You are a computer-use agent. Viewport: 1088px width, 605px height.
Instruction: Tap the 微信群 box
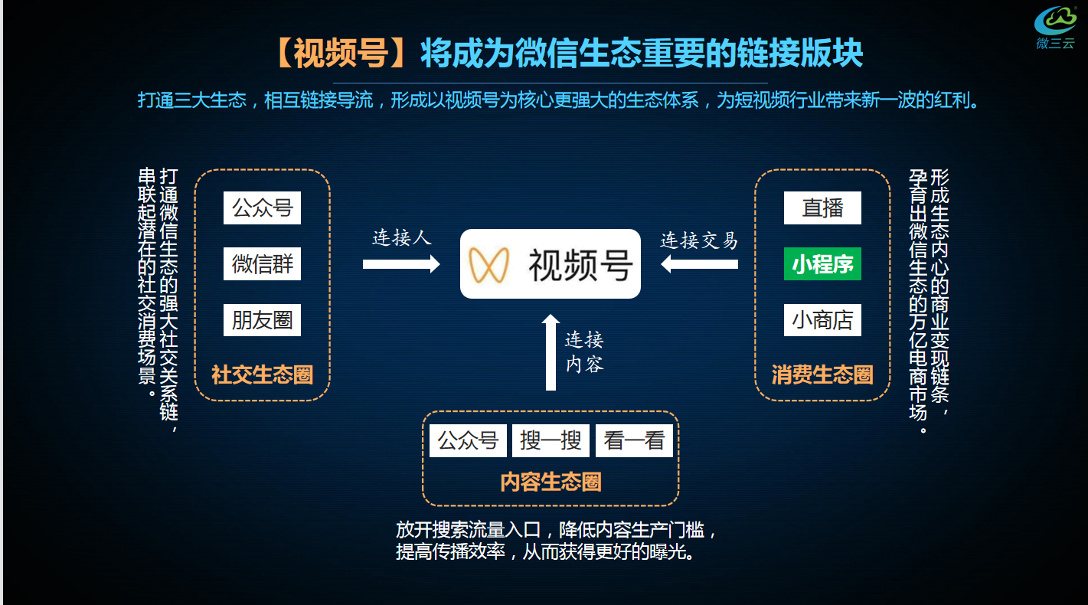point(262,264)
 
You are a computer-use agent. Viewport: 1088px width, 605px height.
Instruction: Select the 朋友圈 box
point(262,320)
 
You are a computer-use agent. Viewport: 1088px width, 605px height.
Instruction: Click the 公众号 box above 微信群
point(262,208)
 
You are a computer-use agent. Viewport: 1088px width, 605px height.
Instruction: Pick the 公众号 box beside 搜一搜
point(468,440)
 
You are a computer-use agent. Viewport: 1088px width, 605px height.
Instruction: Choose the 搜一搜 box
point(551,440)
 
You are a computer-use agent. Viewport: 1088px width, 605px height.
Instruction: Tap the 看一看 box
point(634,440)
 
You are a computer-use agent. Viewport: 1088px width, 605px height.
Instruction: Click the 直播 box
point(822,208)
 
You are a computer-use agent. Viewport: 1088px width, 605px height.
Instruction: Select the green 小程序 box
point(822,264)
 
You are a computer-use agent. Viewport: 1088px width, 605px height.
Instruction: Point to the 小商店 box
point(822,320)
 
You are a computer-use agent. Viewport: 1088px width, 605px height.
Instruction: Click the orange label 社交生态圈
point(262,375)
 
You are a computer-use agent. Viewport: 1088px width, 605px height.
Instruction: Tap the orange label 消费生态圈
point(822,375)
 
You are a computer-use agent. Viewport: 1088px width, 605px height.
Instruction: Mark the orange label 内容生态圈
point(551,482)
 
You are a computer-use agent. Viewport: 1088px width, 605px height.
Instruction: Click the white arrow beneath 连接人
point(400,264)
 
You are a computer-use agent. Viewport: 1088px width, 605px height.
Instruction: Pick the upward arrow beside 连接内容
point(551,352)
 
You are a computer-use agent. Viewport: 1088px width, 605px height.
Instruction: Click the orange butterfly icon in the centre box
point(489,264)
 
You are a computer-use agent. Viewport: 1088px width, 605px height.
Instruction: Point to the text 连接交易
point(699,240)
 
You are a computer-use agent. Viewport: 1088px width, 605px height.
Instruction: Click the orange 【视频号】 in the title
point(344,53)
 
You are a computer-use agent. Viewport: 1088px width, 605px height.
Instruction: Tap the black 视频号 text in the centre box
point(580,265)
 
